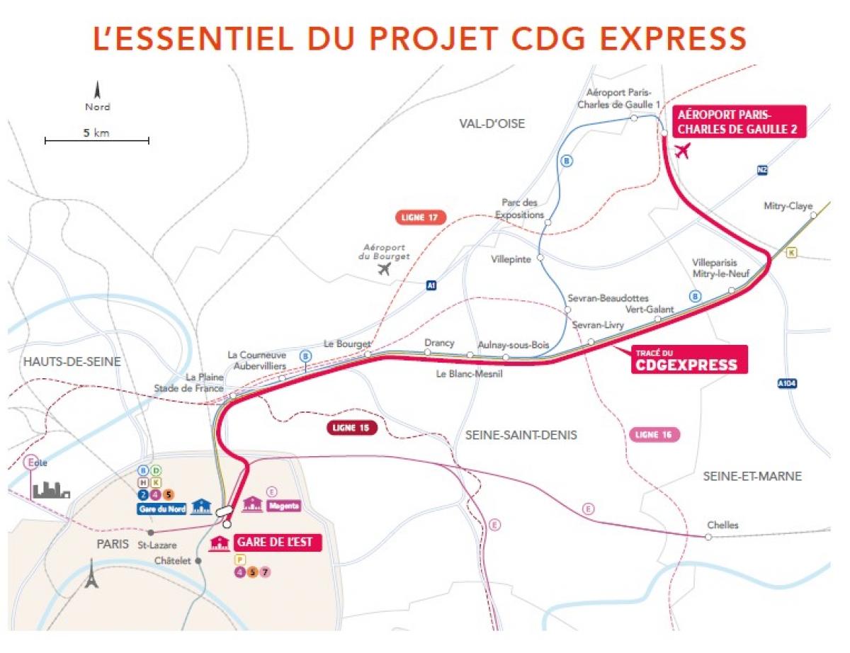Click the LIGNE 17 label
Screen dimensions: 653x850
(x=420, y=217)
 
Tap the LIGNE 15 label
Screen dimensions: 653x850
(x=351, y=428)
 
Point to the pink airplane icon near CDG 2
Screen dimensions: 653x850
(x=683, y=151)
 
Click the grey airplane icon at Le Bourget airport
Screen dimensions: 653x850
(x=385, y=269)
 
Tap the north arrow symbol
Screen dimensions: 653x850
(x=98, y=91)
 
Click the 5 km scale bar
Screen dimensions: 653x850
(x=96, y=140)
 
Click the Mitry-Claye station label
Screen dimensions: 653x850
(x=788, y=206)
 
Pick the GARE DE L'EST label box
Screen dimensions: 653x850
(x=278, y=543)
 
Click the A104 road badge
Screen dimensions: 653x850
(x=786, y=384)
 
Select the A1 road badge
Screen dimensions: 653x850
(x=431, y=285)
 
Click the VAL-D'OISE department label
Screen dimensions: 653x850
(x=492, y=124)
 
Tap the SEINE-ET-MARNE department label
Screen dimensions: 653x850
(x=752, y=476)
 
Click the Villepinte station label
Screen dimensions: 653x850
(x=511, y=259)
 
